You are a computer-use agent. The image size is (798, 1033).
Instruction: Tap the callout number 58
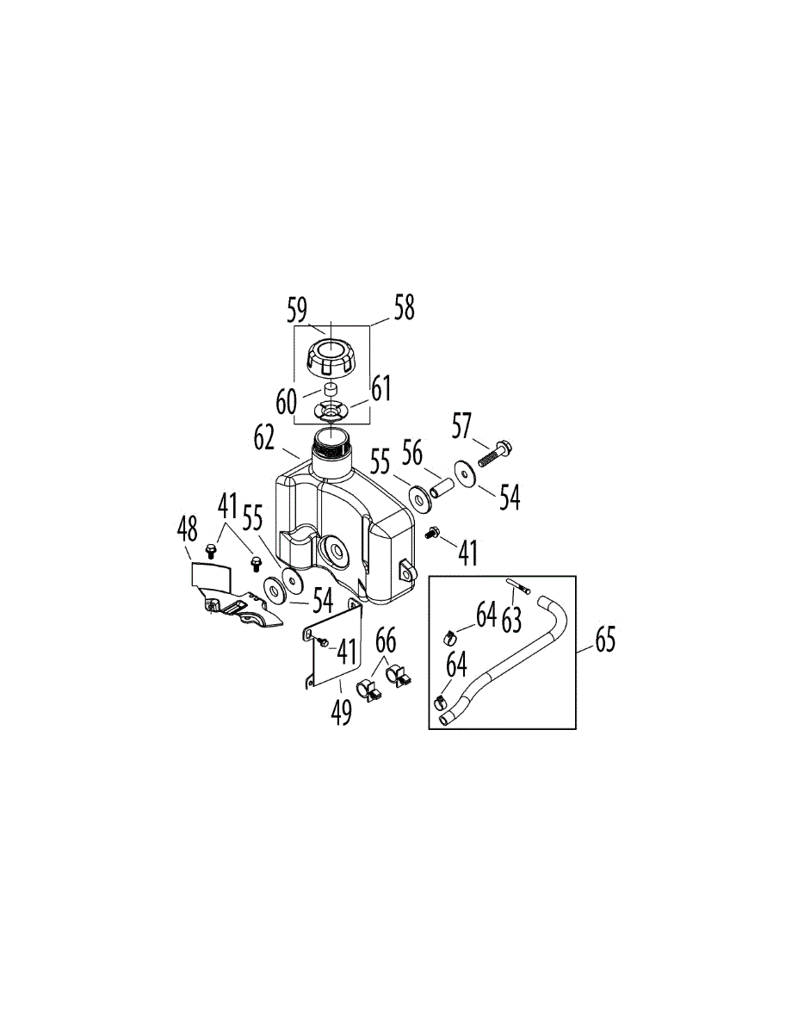(403, 307)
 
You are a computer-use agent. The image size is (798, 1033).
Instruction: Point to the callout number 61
(380, 388)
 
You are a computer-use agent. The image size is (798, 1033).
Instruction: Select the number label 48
(187, 529)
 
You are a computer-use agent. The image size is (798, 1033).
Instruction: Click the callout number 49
(343, 710)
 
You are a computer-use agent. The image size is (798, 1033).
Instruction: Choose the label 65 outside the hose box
(605, 640)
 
